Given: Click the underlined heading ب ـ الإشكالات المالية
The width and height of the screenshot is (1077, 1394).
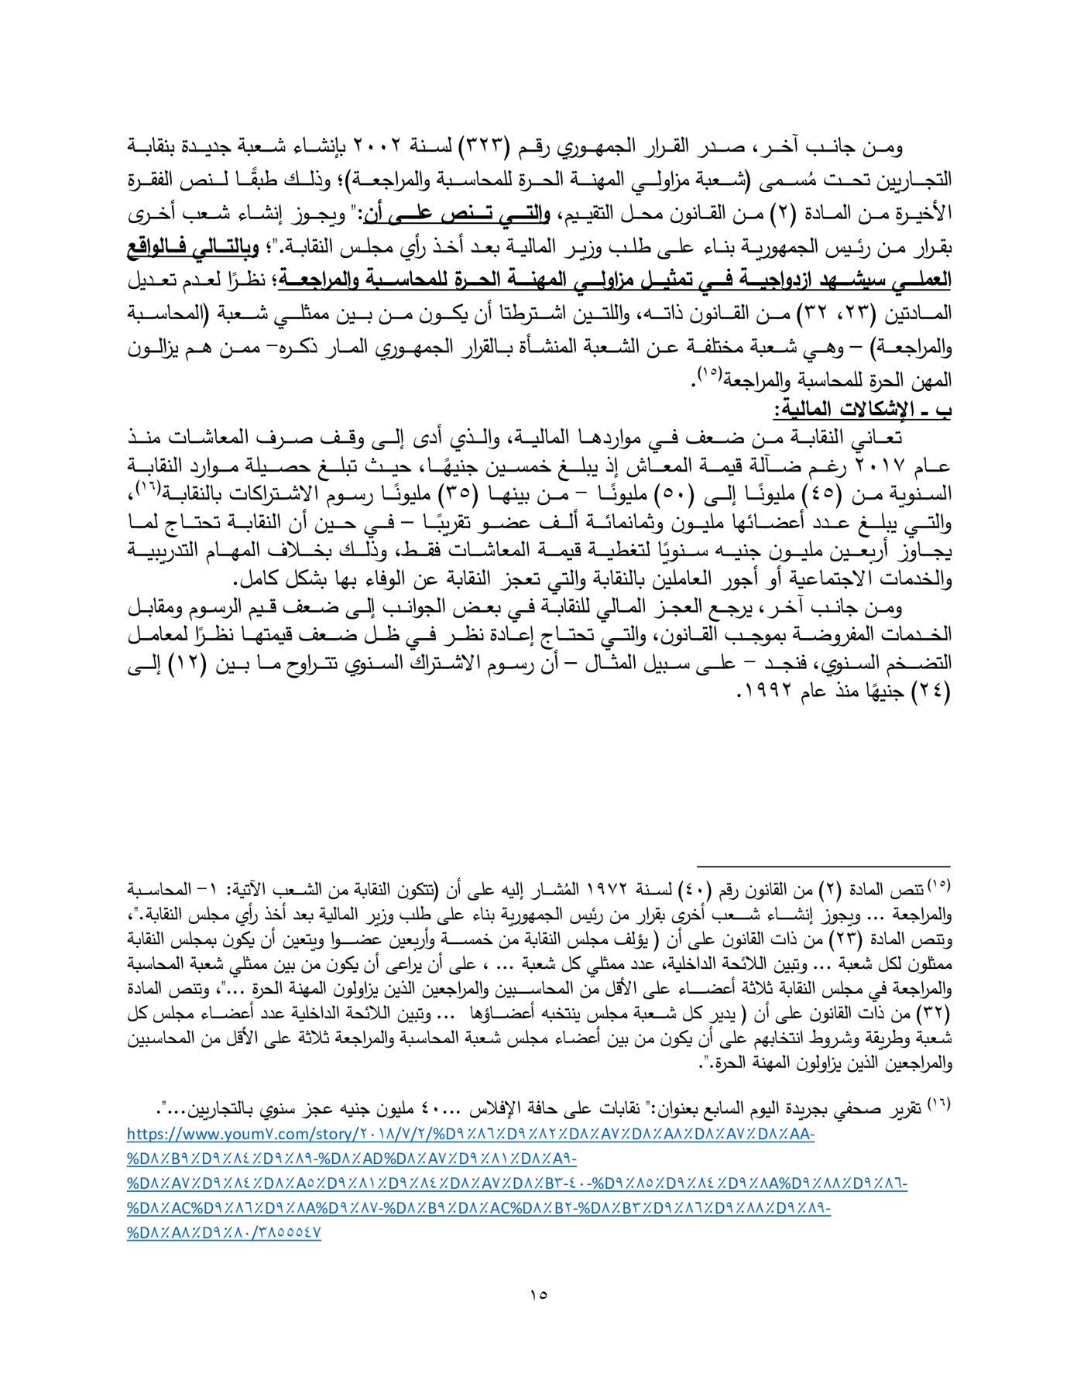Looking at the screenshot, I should point(865,408).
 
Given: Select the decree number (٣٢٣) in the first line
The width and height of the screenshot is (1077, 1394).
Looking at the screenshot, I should point(484,146).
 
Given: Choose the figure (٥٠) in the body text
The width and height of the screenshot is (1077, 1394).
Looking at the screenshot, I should point(670,494).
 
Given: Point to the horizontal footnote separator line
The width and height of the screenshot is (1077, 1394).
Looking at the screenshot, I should point(823,867).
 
